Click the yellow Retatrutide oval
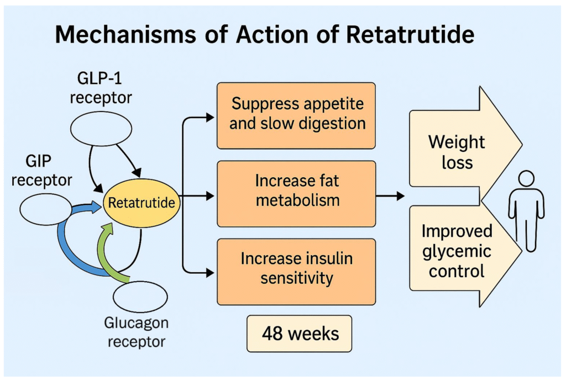click(141, 203)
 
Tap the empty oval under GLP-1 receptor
click(101, 129)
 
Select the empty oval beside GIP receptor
click(46, 210)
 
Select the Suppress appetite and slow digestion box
click(296, 115)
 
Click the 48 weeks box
click(299, 334)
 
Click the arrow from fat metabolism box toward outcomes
click(390, 195)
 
